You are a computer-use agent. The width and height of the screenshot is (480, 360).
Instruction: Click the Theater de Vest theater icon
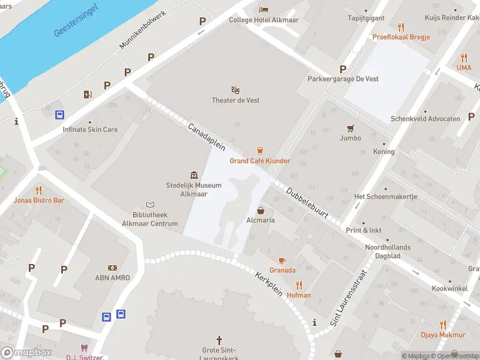[235, 89]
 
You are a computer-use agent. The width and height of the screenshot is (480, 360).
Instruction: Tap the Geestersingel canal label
[77, 23]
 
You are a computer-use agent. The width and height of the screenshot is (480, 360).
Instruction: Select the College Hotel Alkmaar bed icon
[263, 9]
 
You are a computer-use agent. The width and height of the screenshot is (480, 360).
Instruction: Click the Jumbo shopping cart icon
[350, 128]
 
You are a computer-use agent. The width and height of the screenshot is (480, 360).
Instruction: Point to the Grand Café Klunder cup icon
[260, 150]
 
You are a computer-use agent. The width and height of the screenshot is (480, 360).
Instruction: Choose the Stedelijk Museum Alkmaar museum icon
[194, 175]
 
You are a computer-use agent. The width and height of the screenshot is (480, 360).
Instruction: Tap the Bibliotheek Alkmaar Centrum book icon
[151, 205]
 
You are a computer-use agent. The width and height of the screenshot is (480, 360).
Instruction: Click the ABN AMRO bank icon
[112, 267]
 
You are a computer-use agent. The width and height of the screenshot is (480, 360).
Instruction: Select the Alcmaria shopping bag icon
[261, 210]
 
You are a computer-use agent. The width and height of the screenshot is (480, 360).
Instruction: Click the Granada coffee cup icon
[282, 260]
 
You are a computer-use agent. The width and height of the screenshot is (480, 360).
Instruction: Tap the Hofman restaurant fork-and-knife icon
[299, 285]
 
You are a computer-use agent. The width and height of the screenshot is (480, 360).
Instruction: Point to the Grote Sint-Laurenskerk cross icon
[219, 340]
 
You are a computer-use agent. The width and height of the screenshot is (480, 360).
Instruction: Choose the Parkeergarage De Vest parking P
[343, 69]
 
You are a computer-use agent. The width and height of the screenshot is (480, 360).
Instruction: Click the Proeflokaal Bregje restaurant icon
[401, 27]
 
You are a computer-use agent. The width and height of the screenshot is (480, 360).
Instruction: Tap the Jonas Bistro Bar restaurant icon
[40, 190]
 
